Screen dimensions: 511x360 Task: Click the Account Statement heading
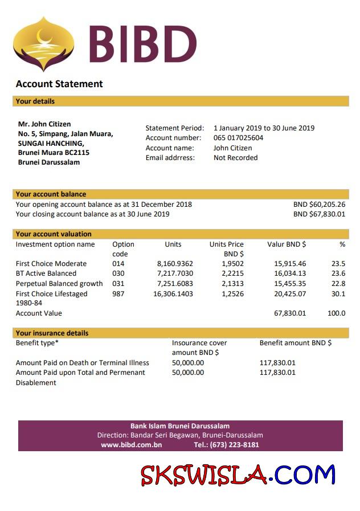pyautogui.click(x=59, y=84)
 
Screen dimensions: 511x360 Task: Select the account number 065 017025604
pyautogui.click(x=238, y=138)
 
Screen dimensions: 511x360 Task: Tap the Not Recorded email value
pyautogui.click(x=235, y=158)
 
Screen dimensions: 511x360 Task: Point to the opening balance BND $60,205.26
pyautogui.click(x=319, y=205)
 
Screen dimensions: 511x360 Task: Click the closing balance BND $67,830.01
pyautogui.click(x=319, y=214)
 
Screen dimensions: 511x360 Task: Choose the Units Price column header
pyautogui.click(x=226, y=249)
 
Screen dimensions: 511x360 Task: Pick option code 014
pyautogui.click(x=118, y=264)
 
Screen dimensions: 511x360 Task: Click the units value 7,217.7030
pyautogui.click(x=175, y=273)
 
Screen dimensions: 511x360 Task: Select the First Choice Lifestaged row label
pyautogui.click(x=51, y=294)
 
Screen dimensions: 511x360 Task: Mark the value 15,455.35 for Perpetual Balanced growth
pyautogui.click(x=290, y=284)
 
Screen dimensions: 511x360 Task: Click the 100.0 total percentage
pyautogui.click(x=336, y=313)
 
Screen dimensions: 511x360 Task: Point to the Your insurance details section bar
pyautogui.click(x=180, y=333)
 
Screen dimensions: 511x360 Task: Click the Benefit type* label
pyautogui.click(x=37, y=343)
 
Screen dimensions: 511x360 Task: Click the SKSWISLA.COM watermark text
pyautogui.click(x=238, y=475)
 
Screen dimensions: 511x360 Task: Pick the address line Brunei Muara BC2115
pyautogui.click(x=54, y=153)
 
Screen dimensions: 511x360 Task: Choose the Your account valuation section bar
pyautogui.click(x=180, y=234)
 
